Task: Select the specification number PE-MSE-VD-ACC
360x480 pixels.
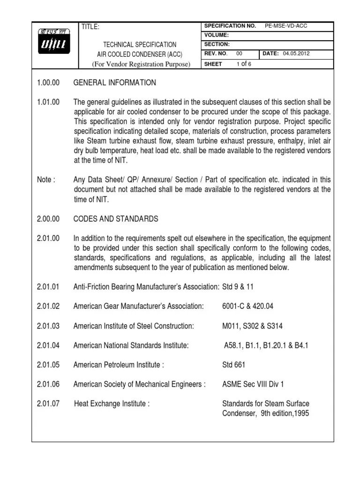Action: coord(286,26)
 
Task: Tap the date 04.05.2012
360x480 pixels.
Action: coord(296,54)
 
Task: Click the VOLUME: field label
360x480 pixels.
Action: coord(216,35)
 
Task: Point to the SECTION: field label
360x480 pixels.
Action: coord(217,45)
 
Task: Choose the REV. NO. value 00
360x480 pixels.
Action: coord(239,54)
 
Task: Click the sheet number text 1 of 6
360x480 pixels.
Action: coord(244,64)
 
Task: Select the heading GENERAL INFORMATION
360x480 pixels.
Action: coord(115,83)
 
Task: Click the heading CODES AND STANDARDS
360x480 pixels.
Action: coord(116,219)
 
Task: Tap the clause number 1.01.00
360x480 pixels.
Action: coord(48,103)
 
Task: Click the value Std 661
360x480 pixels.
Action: coord(233,365)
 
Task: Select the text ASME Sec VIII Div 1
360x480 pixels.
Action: coord(253,384)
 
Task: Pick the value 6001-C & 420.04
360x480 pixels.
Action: coord(247,306)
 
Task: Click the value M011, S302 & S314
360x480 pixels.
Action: coord(252,326)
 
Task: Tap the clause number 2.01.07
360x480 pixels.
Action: coord(48,404)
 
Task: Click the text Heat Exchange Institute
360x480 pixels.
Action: coord(112,404)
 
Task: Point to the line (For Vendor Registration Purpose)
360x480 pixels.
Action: coord(141,64)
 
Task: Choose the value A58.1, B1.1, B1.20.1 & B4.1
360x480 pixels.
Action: coord(266,345)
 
